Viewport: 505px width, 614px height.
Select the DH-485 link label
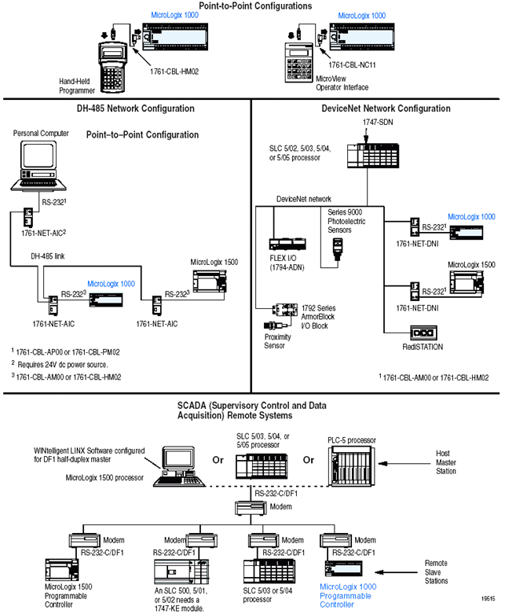[x=49, y=256]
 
